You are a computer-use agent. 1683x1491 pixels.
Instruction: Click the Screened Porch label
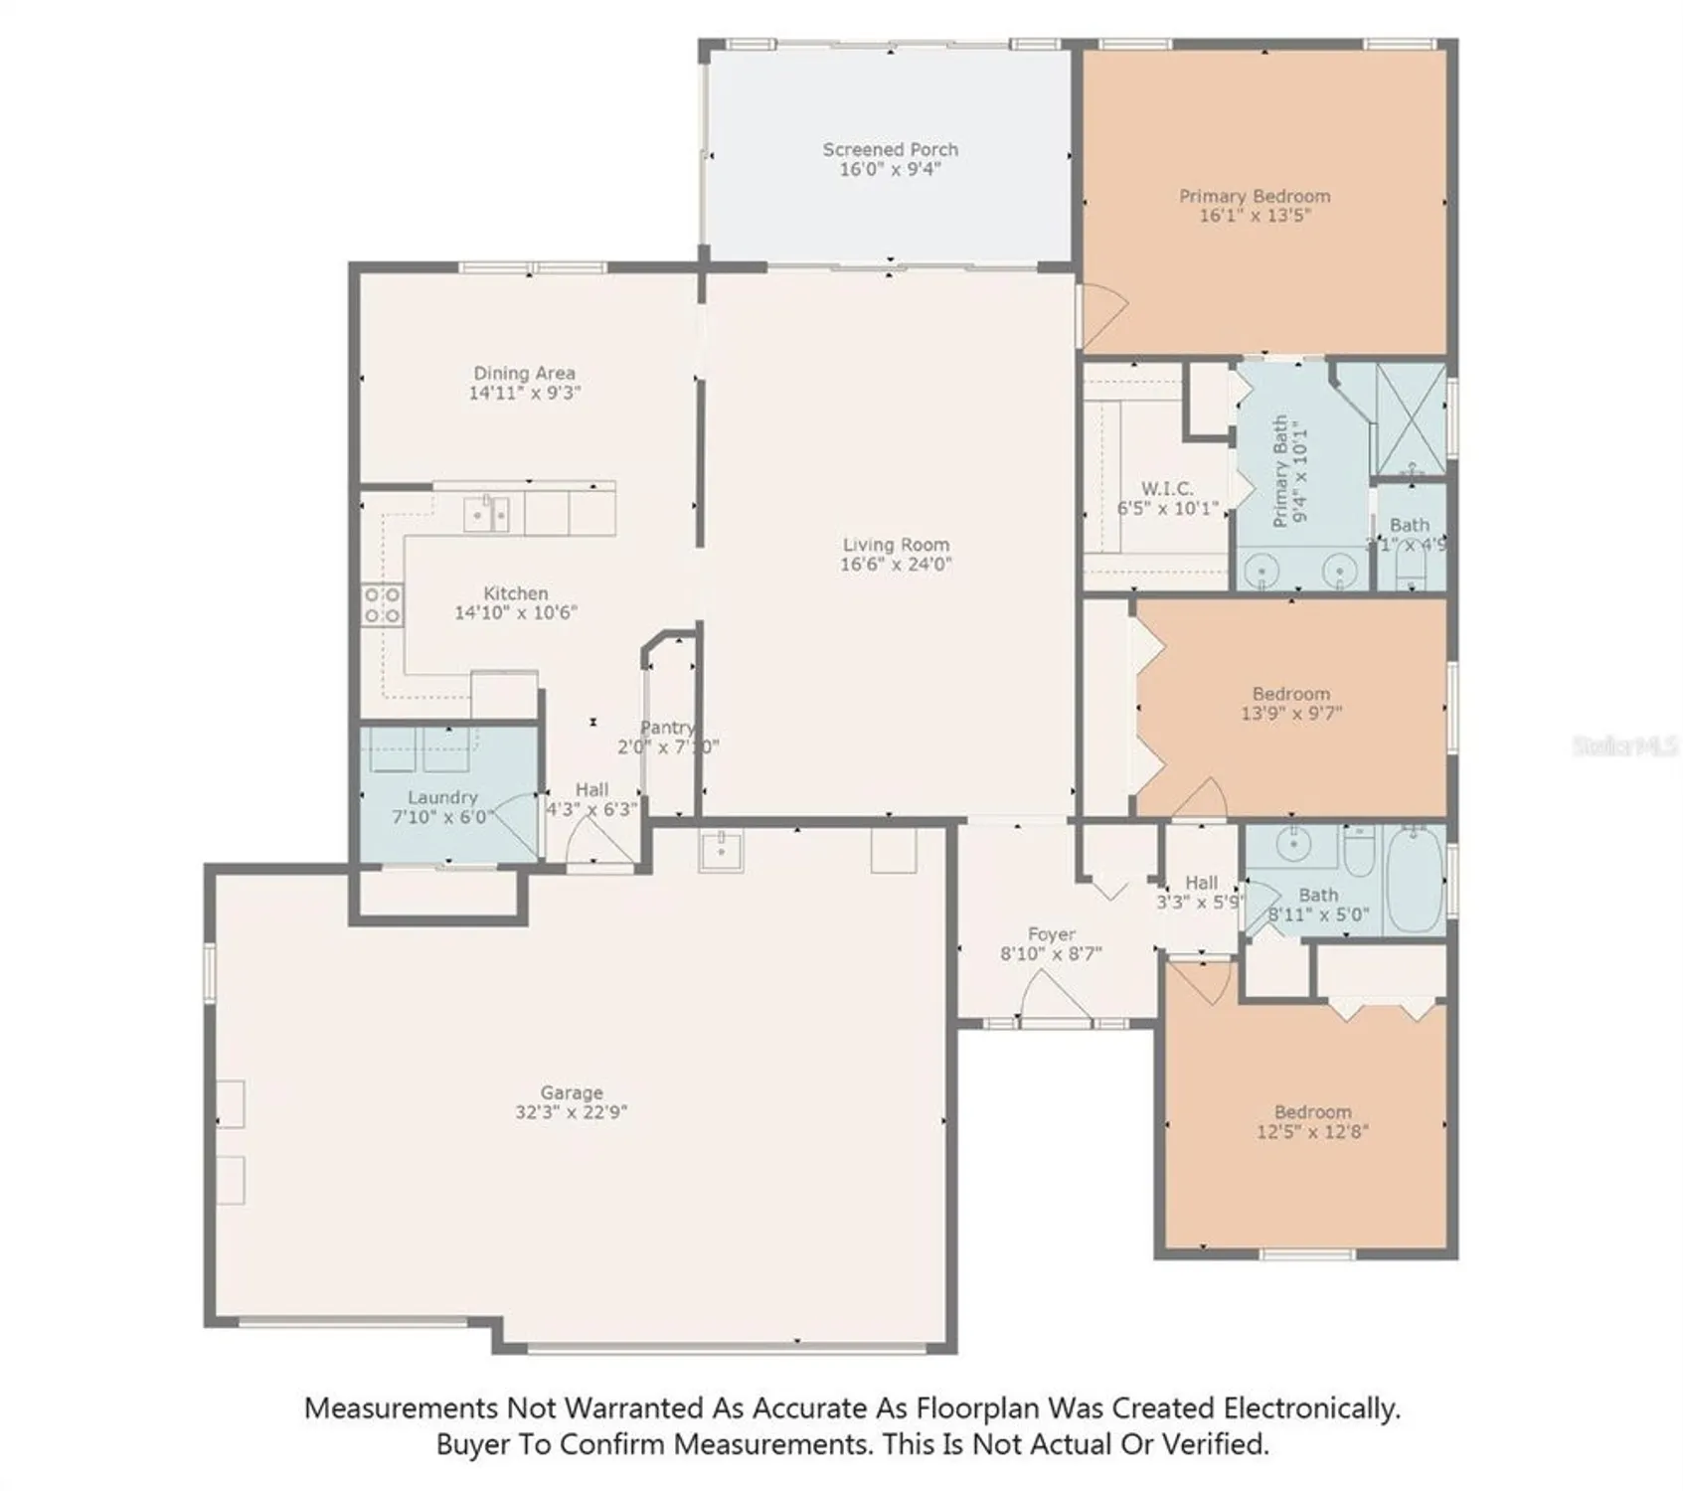tap(890, 149)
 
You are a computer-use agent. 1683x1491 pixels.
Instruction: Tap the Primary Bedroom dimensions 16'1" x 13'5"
tap(1255, 215)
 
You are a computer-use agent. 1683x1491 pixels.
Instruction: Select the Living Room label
tap(896, 544)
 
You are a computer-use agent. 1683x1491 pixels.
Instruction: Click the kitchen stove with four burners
tap(382, 604)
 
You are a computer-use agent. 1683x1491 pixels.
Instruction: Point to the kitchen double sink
tap(487, 514)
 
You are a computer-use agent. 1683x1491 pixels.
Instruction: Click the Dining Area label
tap(524, 373)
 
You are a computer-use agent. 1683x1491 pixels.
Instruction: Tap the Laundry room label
tap(442, 797)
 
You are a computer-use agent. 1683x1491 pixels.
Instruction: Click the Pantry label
tap(667, 728)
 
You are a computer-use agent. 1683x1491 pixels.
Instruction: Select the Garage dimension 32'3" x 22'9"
tap(571, 1112)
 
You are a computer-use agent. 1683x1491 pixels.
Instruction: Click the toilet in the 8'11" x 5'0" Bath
tap(1358, 851)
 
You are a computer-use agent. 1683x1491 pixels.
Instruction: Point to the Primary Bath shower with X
tap(1410, 418)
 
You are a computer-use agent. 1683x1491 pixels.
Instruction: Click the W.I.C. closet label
tap(1167, 489)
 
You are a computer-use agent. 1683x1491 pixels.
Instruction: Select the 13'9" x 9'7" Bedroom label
tap(1290, 694)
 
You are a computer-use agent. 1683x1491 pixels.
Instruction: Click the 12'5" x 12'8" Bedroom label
tap(1312, 1112)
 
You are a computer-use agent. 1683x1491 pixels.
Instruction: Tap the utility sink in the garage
tap(721, 851)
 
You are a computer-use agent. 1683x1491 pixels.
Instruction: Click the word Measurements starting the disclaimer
tap(400, 1408)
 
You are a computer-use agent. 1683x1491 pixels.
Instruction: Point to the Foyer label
tap(1051, 934)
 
